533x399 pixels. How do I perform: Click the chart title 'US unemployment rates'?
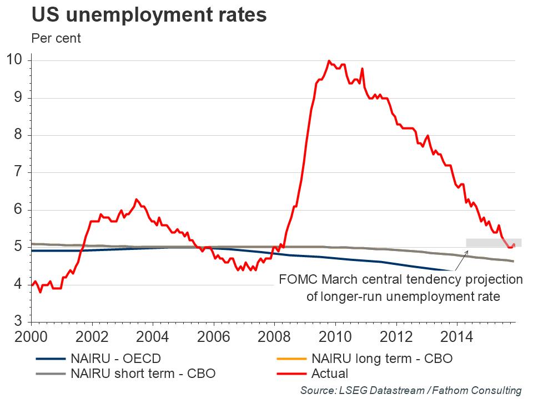click(149, 15)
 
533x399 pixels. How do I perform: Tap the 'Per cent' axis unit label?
click(56, 39)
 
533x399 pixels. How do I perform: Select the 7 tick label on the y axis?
click(18, 172)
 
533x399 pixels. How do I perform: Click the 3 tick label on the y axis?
click(18, 322)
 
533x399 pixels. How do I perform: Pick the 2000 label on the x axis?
click(31, 337)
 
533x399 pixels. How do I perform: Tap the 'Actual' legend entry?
click(330, 374)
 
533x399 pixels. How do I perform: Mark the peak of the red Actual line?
click(329, 61)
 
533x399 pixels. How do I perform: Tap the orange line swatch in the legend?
click(290, 359)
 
